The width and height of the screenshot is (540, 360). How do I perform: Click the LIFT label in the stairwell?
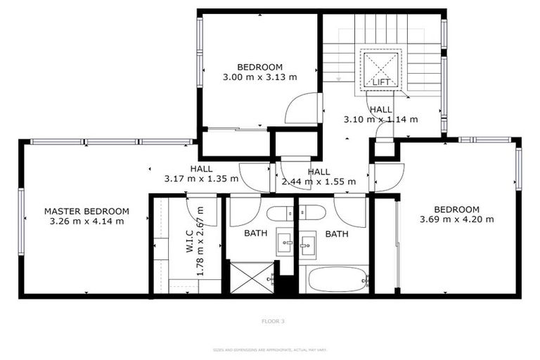[x=381, y=82]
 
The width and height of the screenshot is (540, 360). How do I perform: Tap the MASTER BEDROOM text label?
[x=86, y=211]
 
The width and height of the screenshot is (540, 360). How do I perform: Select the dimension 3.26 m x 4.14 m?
[x=86, y=221]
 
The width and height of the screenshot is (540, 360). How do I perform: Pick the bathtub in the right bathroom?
[x=334, y=280]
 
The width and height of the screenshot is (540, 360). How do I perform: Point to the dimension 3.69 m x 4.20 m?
[x=456, y=219]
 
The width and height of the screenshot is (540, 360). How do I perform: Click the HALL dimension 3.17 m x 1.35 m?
[x=201, y=179]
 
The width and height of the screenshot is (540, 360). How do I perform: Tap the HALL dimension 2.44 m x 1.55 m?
[x=319, y=181]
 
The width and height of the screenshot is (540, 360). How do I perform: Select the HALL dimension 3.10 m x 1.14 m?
[x=380, y=119]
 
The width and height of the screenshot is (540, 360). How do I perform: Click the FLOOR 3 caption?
[x=272, y=321]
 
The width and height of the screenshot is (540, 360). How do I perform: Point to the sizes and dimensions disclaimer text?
[x=270, y=349]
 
